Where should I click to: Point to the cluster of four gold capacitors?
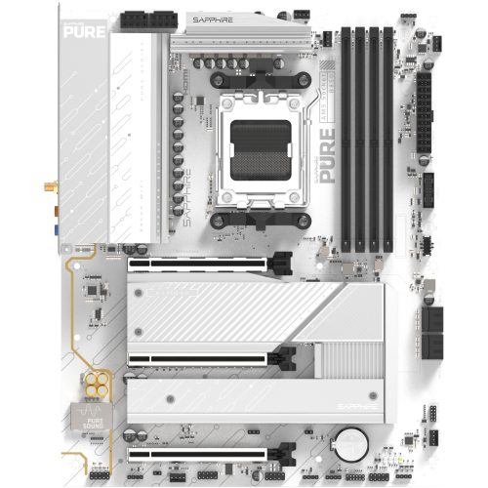(x=96, y=382)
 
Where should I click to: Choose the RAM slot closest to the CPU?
(x=345, y=137)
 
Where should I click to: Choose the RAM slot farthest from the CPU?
(x=387, y=137)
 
